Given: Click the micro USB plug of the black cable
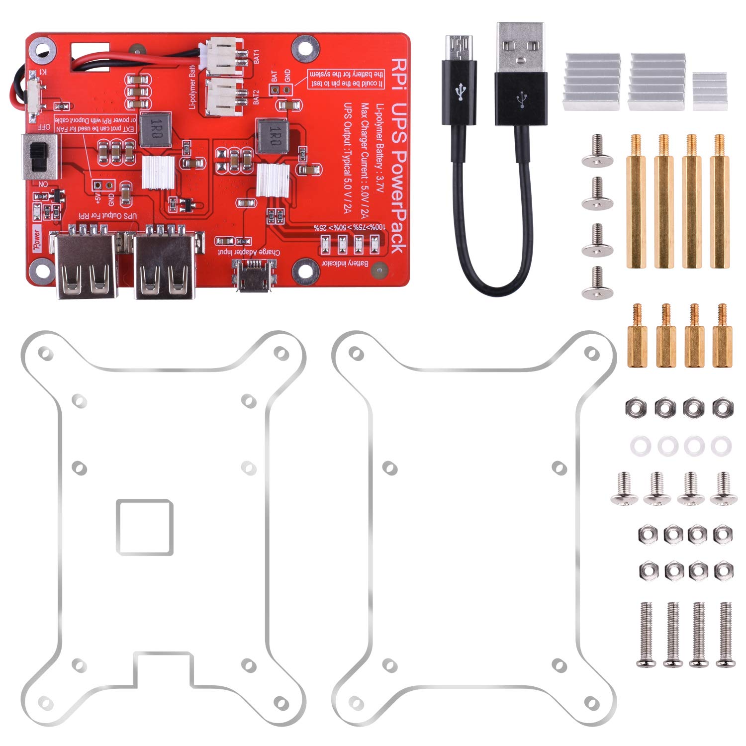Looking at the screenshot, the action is coord(460,48).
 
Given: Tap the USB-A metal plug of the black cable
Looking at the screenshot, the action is coord(520,47).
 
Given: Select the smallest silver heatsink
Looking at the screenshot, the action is coord(710,91).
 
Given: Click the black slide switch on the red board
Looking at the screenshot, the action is coord(38,156).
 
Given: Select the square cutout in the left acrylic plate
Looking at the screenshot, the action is coord(145,527).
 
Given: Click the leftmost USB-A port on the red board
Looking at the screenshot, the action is coord(88,267).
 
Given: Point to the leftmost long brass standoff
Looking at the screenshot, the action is coord(636,201).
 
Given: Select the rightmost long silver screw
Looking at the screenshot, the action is coord(726,634).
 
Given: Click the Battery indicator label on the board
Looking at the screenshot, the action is coord(351,262).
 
